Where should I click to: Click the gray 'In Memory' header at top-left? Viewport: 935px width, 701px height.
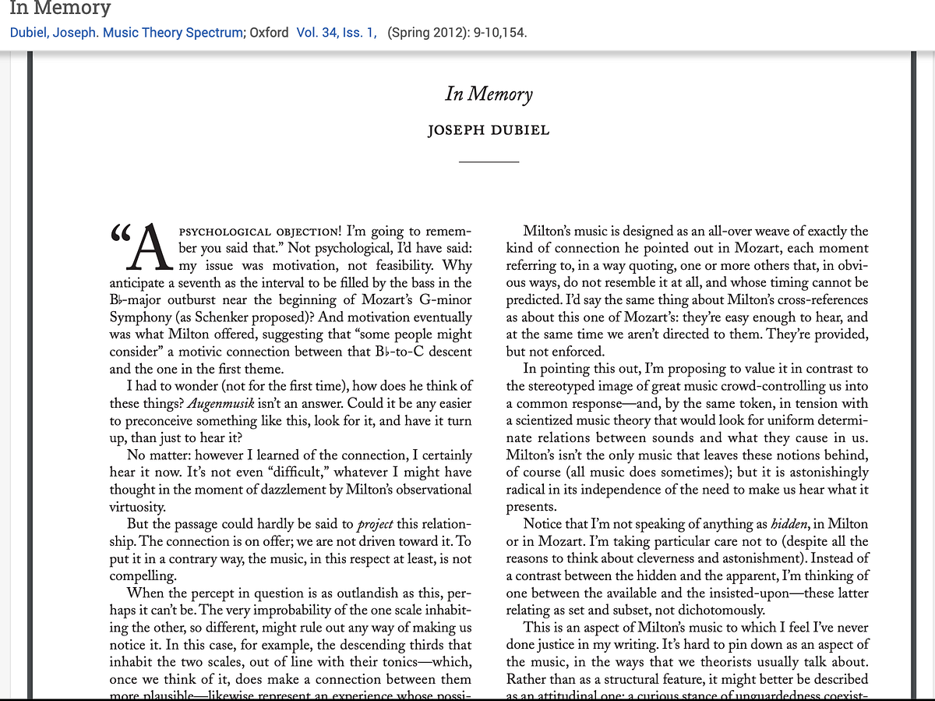click(x=60, y=9)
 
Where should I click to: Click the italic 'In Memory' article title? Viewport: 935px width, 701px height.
click(x=489, y=94)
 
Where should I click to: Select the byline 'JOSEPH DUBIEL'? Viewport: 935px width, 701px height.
click(x=489, y=130)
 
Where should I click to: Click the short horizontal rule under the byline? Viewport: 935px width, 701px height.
click(x=489, y=161)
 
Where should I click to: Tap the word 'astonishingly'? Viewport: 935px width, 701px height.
click(x=820, y=472)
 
